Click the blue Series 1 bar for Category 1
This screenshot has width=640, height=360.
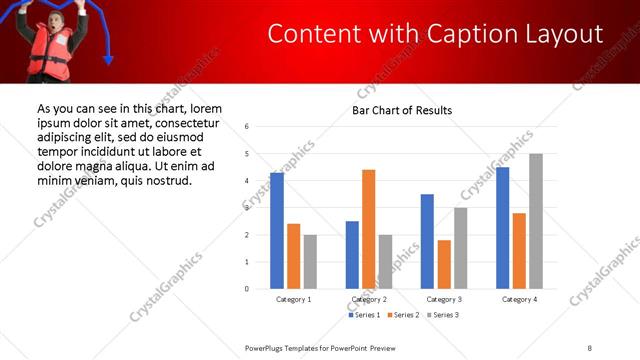point(277,231)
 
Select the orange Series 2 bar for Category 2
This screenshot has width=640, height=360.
point(368,229)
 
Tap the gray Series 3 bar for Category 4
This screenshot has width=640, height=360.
point(536,221)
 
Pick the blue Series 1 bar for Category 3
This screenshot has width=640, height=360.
point(427,241)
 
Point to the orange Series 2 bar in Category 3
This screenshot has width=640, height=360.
point(443,264)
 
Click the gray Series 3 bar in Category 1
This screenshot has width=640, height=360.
point(310,262)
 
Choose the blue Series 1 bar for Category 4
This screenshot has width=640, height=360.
point(502,228)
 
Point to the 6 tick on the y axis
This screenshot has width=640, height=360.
point(247,127)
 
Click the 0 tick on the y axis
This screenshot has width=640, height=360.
point(247,289)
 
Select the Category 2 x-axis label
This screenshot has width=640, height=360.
point(369,299)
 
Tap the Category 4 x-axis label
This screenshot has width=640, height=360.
point(519,299)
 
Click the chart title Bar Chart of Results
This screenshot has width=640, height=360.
point(402,110)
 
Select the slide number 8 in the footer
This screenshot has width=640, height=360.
point(591,346)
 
